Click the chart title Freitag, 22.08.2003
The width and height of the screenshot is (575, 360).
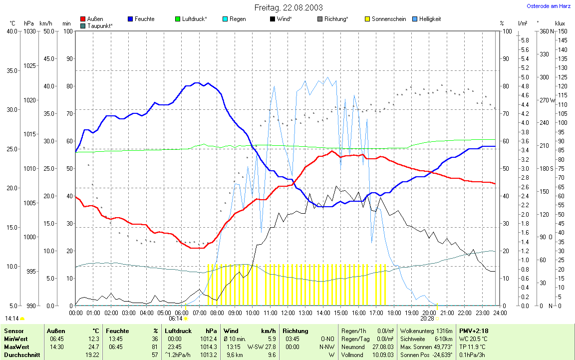288,7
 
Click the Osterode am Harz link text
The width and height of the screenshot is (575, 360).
549,6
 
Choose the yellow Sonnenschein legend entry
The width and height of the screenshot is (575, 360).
385,19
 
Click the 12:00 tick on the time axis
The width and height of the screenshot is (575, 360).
287,313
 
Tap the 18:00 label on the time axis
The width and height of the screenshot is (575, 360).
394,313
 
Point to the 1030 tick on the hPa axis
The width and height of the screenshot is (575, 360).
29,31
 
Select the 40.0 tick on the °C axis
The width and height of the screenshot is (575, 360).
11,31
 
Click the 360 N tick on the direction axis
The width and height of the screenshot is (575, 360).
544,31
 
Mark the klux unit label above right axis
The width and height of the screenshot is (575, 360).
560,23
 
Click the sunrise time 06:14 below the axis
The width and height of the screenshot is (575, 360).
175,318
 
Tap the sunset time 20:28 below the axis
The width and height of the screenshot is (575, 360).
427,318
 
